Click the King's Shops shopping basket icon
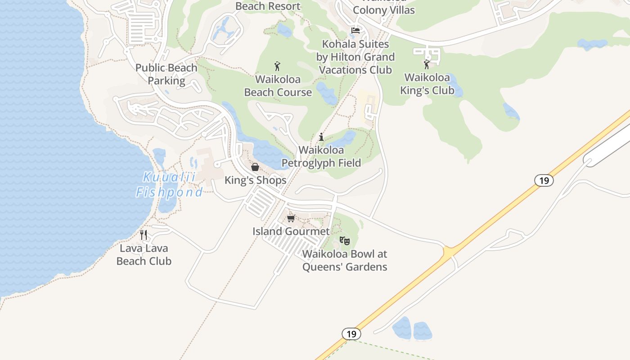click(x=255, y=167)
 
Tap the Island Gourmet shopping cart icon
click(x=291, y=218)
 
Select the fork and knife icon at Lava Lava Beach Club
click(x=144, y=234)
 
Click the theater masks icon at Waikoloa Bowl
click(x=345, y=241)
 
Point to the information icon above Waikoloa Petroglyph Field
click(x=321, y=137)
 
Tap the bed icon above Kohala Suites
click(x=355, y=31)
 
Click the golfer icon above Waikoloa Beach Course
click(x=277, y=66)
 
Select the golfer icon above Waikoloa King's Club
click(x=427, y=64)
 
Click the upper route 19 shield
click(x=544, y=180)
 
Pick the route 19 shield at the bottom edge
click(x=351, y=334)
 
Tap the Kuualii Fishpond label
click(x=170, y=184)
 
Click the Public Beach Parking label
click(x=166, y=74)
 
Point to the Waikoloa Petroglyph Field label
click(x=321, y=156)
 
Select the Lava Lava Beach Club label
click(x=144, y=254)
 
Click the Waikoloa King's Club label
click(x=427, y=84)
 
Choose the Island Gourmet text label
click(x=291, y=231)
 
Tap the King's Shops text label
click(x=256, y=180)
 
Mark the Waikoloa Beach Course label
click(x=278, y=85)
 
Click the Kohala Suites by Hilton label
click(x=355, y=57)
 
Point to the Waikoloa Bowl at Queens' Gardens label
click(x=345, y=260)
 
